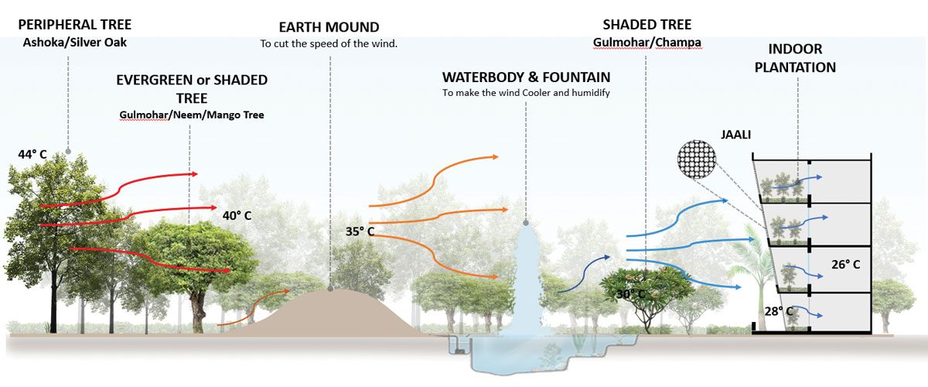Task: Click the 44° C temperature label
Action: [32, 154]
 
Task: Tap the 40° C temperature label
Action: [237, 216]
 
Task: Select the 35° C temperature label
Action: [360, 231]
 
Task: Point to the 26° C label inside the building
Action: [845, 264]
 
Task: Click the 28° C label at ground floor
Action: [779, 311]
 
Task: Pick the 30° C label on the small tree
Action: [630, 294]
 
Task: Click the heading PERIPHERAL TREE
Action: [74, 25]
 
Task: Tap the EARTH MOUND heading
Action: [329, 27]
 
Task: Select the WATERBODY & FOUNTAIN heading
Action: [526, 77]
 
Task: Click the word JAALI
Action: [735, 135]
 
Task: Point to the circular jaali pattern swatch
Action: [697, 159]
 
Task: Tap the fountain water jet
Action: [526, 282]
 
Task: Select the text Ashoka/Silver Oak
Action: [74, 43]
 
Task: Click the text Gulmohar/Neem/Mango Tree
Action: [192, 115]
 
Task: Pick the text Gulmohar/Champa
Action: [647, 43]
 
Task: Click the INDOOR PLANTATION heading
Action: [795, 58]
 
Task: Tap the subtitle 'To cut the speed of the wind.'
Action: [329, 43]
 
